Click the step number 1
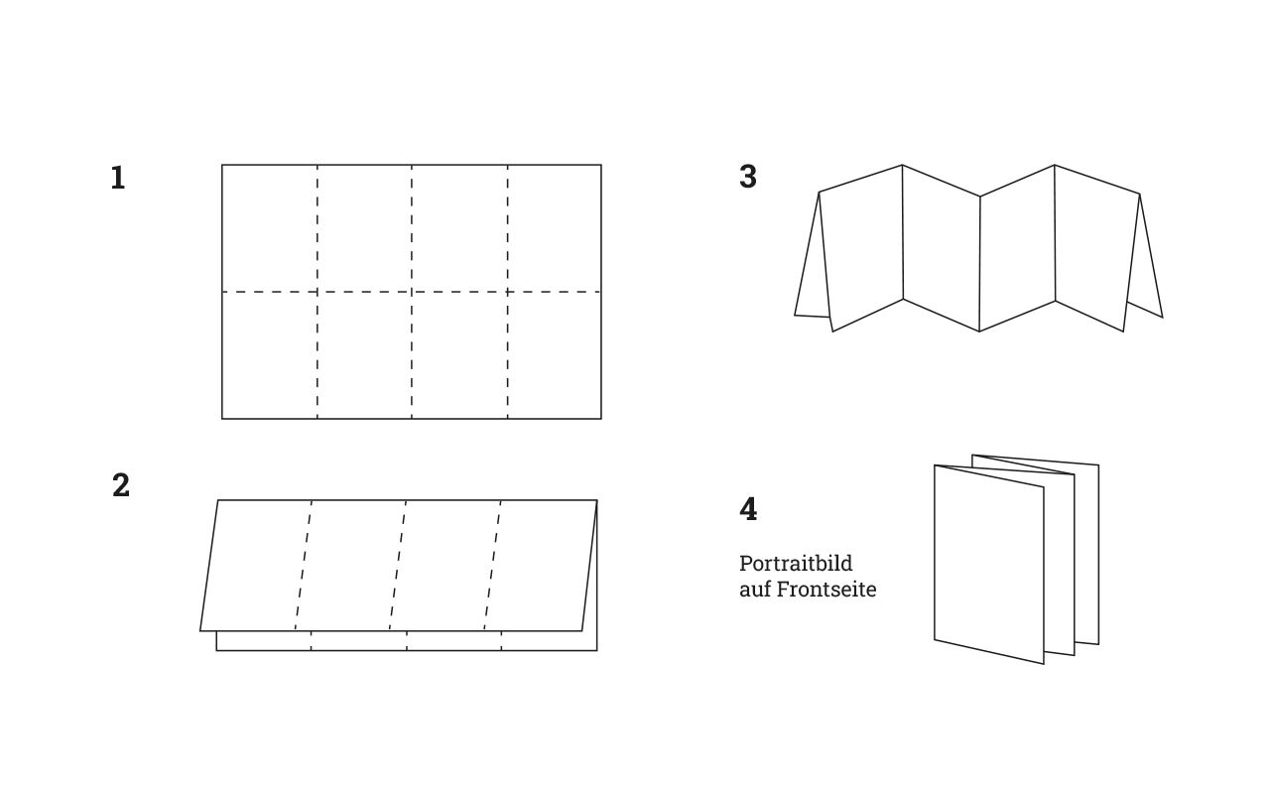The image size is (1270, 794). click(118, 178)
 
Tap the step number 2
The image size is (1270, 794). click(121, 485)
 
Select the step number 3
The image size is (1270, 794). click(748, 177)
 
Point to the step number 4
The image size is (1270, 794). click(748, 509)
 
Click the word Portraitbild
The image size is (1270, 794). click(796, 563)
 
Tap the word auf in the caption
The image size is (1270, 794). click(755, 590)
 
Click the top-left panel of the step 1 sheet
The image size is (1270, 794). click(270, 228)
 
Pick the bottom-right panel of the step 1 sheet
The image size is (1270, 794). click(555, 355)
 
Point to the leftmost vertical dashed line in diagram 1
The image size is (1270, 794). click(317, 292)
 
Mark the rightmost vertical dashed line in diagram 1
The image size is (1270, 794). click(508, 292)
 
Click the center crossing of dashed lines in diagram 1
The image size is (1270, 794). click(412, 292)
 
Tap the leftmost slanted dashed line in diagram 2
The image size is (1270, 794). click(304, 566)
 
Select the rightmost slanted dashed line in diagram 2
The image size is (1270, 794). click(493, 566)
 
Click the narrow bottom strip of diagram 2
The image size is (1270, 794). click(407, 641)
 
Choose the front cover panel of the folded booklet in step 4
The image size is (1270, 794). click(989, 565)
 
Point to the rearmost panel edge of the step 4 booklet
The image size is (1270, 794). click(1098, 555)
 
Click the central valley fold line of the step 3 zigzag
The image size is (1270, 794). click(979, 264)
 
